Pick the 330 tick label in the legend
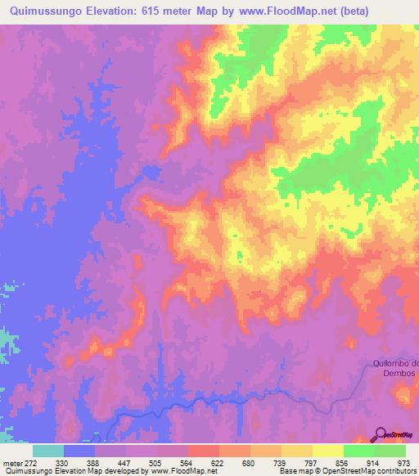pyautogui.click(x=64, y=463)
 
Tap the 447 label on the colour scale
pyautogui.click(x=126, y=463)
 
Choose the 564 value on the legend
pyautogui.click(x=188, y=463)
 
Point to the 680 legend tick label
pyautogui.click(x=250, y=463)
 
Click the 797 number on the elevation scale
pyautogui.click(x=313, y=463)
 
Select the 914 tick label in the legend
pyautogui.click(x=375, y=463)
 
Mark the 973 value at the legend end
pyautogui.click(x=404, y=463)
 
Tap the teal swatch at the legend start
pyautogui.click(x=48, y=451)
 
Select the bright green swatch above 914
pyautogui.click(x=359, y=451)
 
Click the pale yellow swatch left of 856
pyautogui.click(x=328, y=451)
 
